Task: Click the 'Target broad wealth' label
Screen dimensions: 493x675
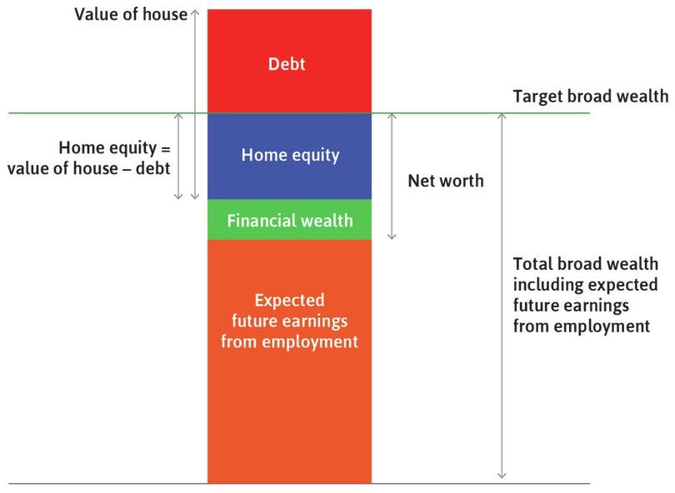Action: (590, 97)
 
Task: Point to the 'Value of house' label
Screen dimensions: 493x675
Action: (131, 14)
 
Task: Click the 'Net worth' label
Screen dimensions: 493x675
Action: (445, 181)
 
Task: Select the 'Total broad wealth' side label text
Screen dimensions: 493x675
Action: (585, 295)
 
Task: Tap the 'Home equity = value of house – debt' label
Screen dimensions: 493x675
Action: (88, 157)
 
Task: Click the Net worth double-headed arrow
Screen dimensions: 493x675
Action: (392, 177)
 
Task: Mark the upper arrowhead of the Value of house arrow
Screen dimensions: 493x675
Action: (195, 12)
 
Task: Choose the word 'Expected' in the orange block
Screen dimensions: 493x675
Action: (289, 300)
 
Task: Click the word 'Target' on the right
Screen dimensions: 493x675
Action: (538, 97)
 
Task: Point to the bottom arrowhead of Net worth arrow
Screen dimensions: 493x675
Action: (392, 237)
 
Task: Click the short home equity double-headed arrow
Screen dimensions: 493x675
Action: (178, 157)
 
